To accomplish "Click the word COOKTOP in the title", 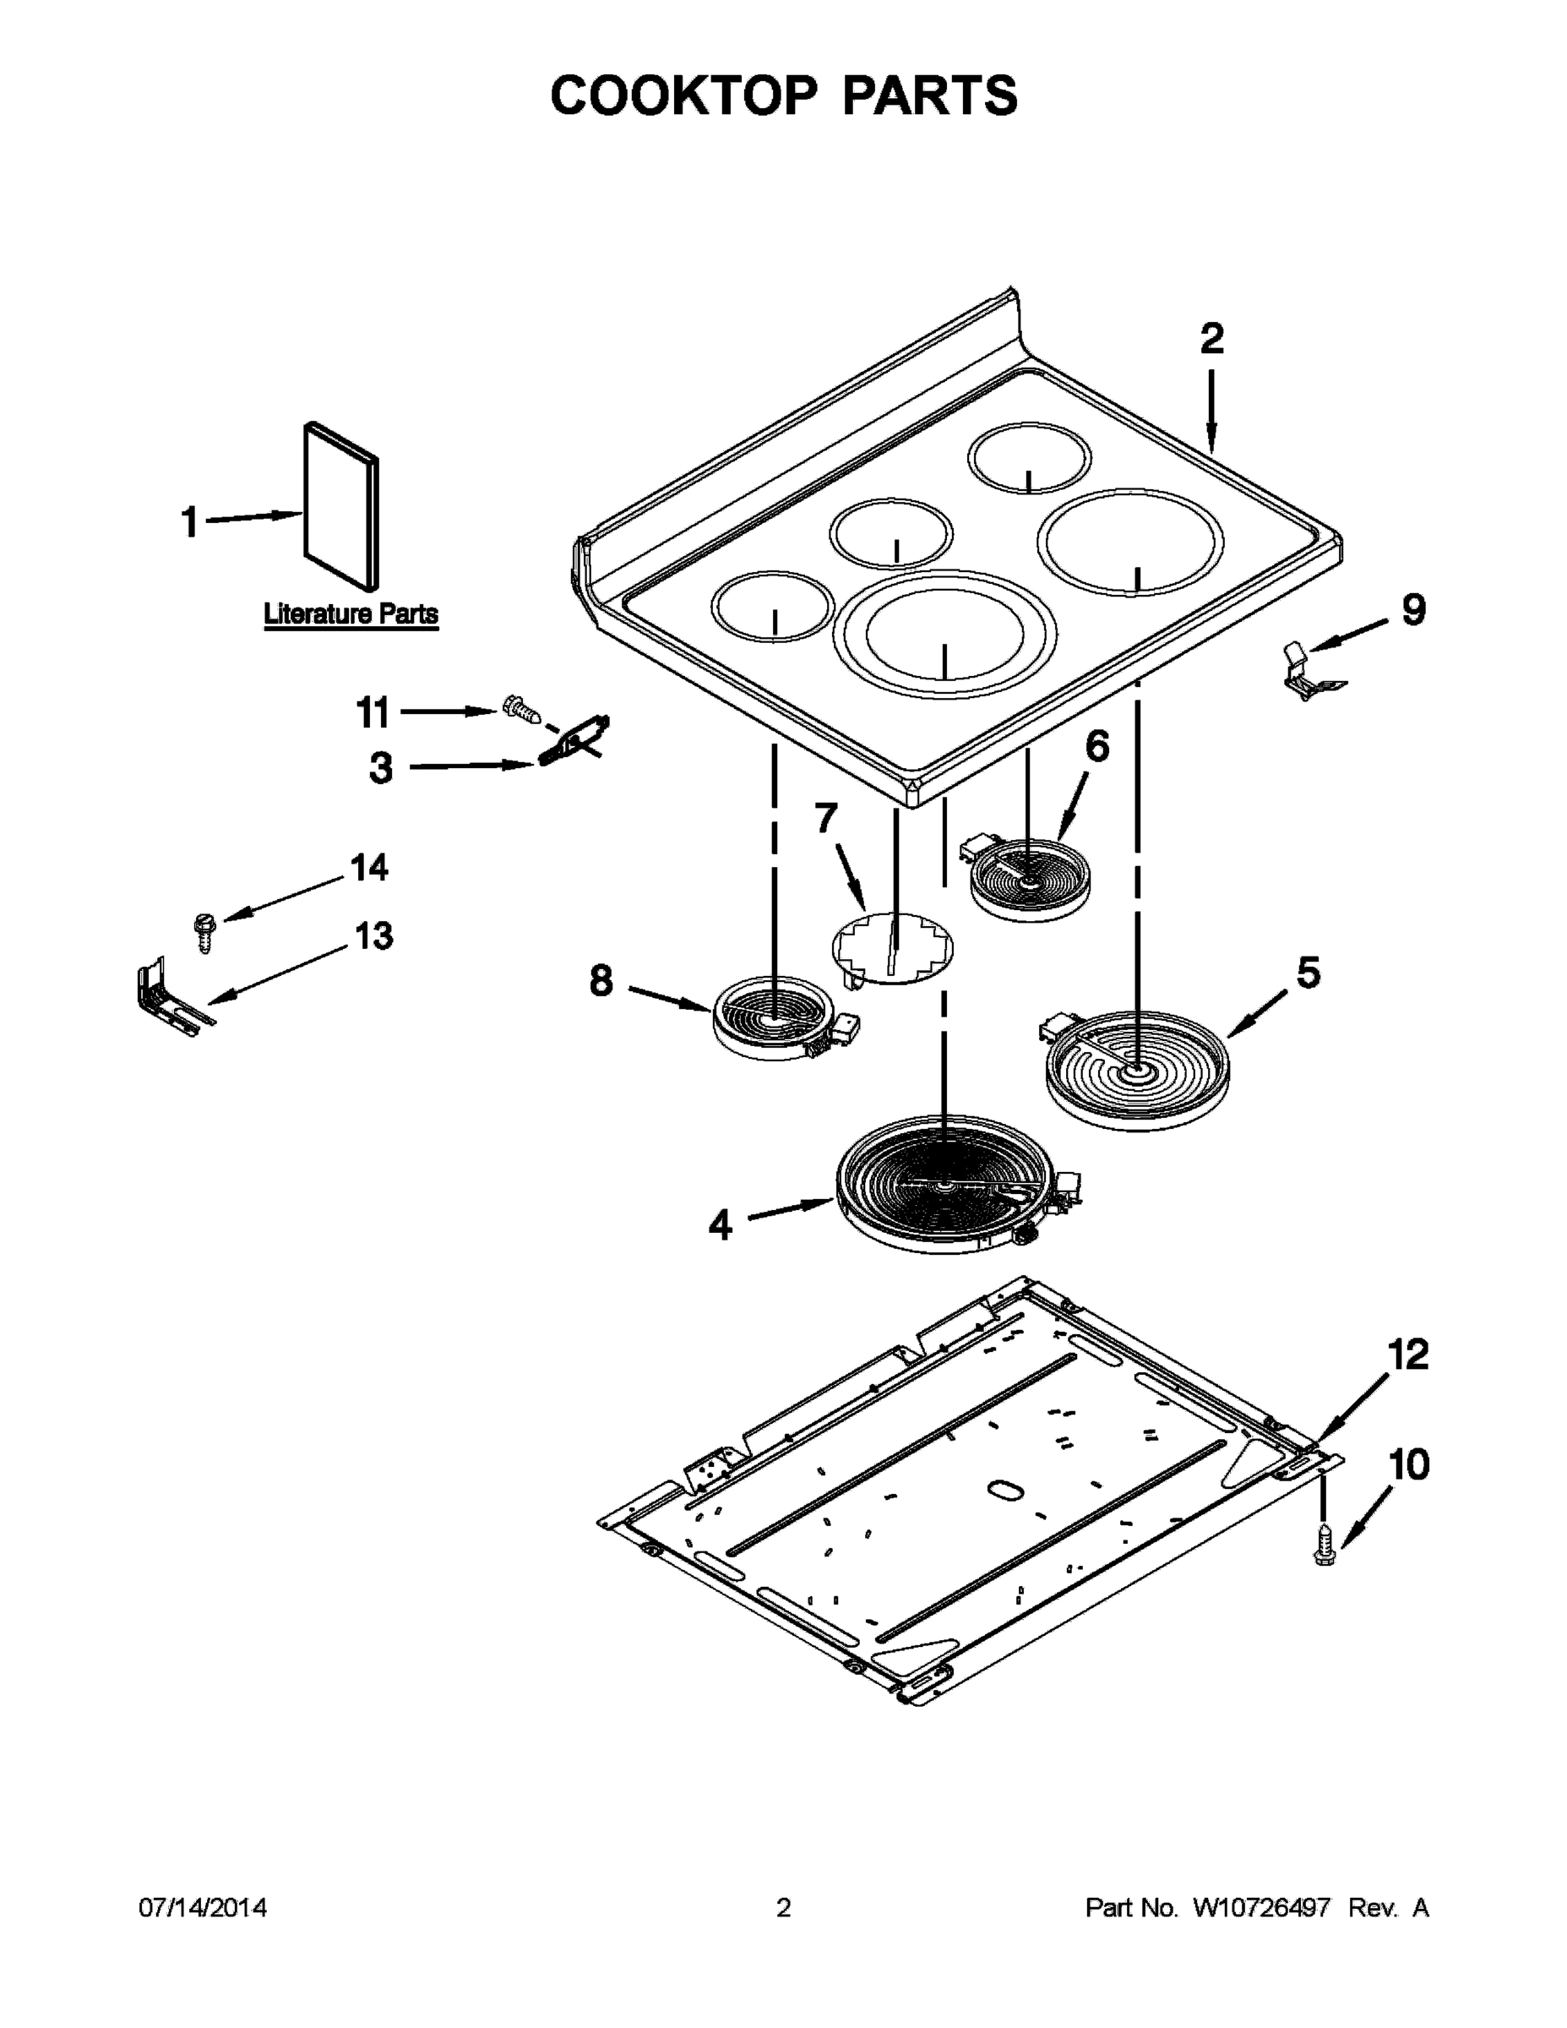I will (x=683, y=95).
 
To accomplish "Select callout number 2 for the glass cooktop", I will (x=1211, y=339).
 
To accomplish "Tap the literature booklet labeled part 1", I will (x=340, y=506).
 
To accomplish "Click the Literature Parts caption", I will (x=351, y=613).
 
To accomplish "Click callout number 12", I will (x=1407, y=1355).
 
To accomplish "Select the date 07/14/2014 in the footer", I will (x=203, y=1908).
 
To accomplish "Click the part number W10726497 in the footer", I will (x=1260, y=1908).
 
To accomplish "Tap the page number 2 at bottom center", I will (x=784, y=1908).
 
